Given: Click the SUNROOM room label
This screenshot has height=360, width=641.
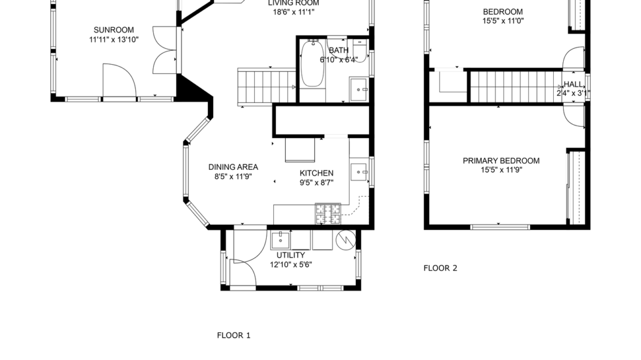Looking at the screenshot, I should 114,30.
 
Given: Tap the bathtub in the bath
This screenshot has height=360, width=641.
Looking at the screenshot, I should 312,63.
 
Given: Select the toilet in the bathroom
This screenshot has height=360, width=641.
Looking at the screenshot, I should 360,50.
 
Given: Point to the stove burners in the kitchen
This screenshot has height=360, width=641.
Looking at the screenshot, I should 328,214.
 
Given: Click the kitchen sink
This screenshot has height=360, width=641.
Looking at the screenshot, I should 360,171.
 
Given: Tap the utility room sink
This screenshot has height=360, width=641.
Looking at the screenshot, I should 281,239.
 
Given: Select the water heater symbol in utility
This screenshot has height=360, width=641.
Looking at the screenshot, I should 345,239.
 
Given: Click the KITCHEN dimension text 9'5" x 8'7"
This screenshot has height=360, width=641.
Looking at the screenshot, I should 316,183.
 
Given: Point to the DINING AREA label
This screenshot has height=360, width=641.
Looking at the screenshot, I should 233,167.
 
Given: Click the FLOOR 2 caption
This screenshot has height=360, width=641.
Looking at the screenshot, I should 440,268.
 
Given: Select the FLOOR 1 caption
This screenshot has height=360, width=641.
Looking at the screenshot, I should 233,335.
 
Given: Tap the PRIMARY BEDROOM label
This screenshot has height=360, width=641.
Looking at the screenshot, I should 501,161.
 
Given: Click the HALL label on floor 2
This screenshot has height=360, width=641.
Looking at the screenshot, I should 573,84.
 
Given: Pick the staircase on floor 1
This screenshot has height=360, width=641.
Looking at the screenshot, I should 266,87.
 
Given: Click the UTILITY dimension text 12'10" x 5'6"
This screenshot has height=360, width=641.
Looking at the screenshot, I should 291,265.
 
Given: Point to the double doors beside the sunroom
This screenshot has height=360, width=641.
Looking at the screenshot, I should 166,50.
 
